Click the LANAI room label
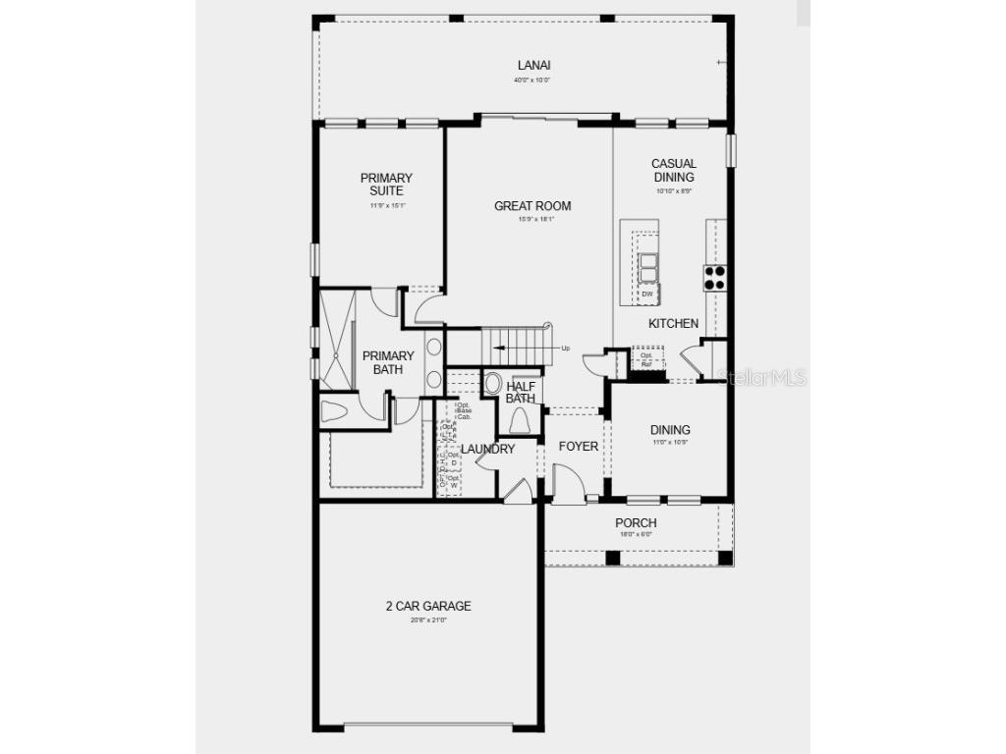[x=528, y=66]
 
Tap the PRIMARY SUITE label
[x=386, y=185]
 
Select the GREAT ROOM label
[x=532, y=206]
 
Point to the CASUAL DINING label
[x=674, y=171]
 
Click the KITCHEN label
[x=674, y=323]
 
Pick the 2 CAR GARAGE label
[x=428, y=606]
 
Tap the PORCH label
[x=636, y=523]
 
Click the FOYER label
[x=579, y=447]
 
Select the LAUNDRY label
[x=488, y=449]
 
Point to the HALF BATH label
[x=521, y=392]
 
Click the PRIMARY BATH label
[x=388, y=362]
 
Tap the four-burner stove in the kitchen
[x=714, y=278]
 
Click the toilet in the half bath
[x=520, y=420]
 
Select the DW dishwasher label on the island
[x=647, y=294]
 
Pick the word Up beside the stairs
[x=566, y=348]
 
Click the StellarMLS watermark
[x=762, y=377]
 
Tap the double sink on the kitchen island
[x=648, y=266]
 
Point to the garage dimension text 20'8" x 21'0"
[x=428, y=620]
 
